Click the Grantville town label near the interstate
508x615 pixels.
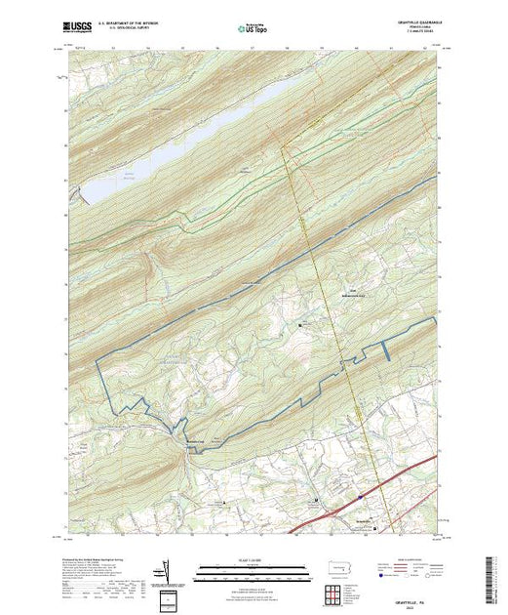(363, 520)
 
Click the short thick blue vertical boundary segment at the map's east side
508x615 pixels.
(387, 348)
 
